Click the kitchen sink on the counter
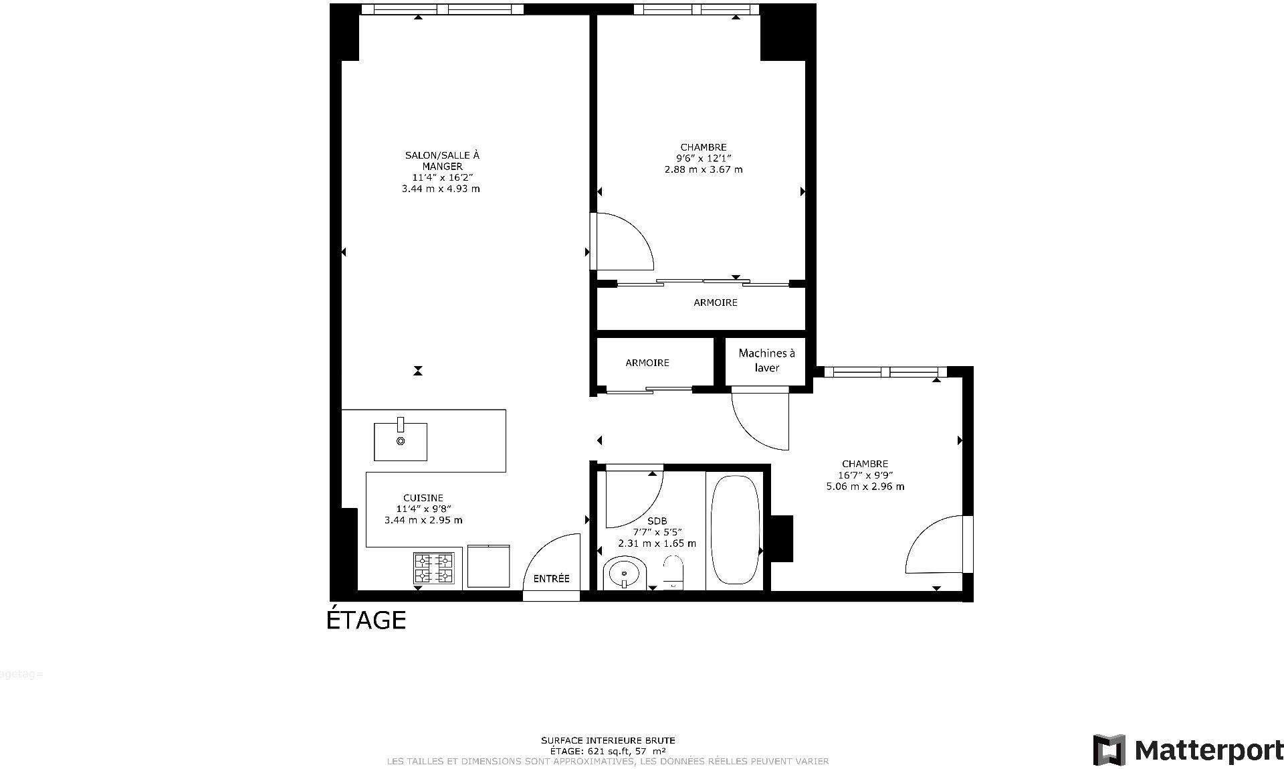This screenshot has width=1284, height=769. pyautogui.click(x=400, y=441)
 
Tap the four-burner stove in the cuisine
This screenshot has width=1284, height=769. pyautogui.click(x=433, y=568)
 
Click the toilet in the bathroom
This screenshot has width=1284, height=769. pyautogui.click(x=673, y=572)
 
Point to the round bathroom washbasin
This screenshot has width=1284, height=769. pyautogui.click(x=625, y=574)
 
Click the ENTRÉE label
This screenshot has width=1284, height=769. pyautogui.click(x=551, y=578)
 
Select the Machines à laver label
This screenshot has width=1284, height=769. pyautogui.click(x=766, y=360)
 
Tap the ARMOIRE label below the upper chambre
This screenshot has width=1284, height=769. pyautogui.click(x=715, y=303)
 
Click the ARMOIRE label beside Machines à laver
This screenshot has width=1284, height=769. pyautogui.click(x=647, y=363)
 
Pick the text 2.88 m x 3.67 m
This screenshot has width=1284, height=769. pyautogui.click(x=703, y=169)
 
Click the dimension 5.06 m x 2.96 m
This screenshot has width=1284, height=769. pyautogui.click(x=865, y=487)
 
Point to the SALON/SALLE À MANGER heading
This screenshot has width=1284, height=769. pyautogui.click(x=441, y=161)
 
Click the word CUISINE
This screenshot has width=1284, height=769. pyautogui.click(x=423, y=498)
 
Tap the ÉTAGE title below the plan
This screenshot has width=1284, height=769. pyautogui.click(x=366, y=620)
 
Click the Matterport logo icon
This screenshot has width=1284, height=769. pyautogui.click(x=1109, y=750)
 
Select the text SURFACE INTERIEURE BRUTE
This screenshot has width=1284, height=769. pyautogui.click(x=607, y=740)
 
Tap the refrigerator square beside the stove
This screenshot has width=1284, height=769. pyautogui.click(x=488, y=566)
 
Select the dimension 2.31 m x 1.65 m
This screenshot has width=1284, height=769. pyautogui.click(x=656, y=543)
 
